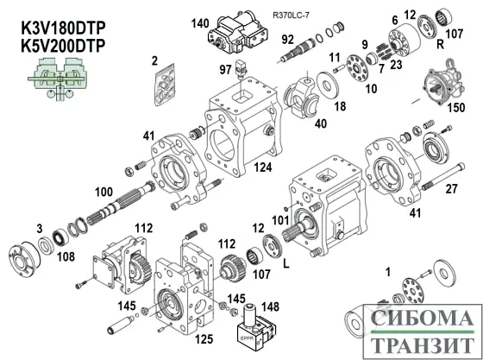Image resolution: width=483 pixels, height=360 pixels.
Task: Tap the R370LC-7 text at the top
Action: tap(292, 16)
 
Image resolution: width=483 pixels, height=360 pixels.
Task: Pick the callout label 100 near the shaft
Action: tap(103, 191)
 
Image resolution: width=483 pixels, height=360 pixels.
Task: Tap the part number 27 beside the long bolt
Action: tap(450, 188)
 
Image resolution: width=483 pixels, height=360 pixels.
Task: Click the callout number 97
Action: tap(225, 69)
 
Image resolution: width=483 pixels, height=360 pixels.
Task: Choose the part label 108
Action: tap(66, 256)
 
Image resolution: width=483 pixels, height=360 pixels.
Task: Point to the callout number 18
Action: tap(339, 106)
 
